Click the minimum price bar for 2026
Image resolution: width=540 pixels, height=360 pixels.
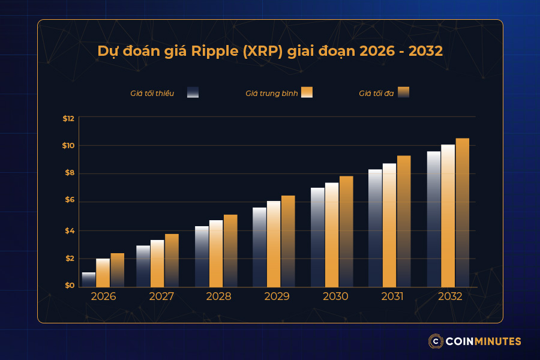(x=89, y=280)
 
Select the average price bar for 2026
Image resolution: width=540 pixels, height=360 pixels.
(x=103, y=272)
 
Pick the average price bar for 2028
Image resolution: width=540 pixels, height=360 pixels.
(x=216, y=253)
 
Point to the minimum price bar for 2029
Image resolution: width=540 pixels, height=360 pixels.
(x=260, y=247)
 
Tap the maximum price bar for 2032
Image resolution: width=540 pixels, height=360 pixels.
(x=462, y=212)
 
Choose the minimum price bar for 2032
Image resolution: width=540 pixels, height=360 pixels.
(x=433, y=219)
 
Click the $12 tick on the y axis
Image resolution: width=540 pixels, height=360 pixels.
(x=68, y=118)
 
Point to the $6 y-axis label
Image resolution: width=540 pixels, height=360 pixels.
(x=68, y=200)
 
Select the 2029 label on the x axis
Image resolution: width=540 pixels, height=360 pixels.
(x=277, y=296)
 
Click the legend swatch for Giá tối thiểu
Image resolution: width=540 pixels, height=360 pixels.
(x=193, y=92)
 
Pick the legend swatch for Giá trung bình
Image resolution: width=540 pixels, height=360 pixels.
(x=307, y=92)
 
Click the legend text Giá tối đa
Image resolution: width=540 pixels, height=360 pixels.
(x=376, y=93)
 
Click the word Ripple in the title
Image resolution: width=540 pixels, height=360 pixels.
(x=215, y=52)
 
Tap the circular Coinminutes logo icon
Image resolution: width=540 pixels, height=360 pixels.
(x=436, y=341)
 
